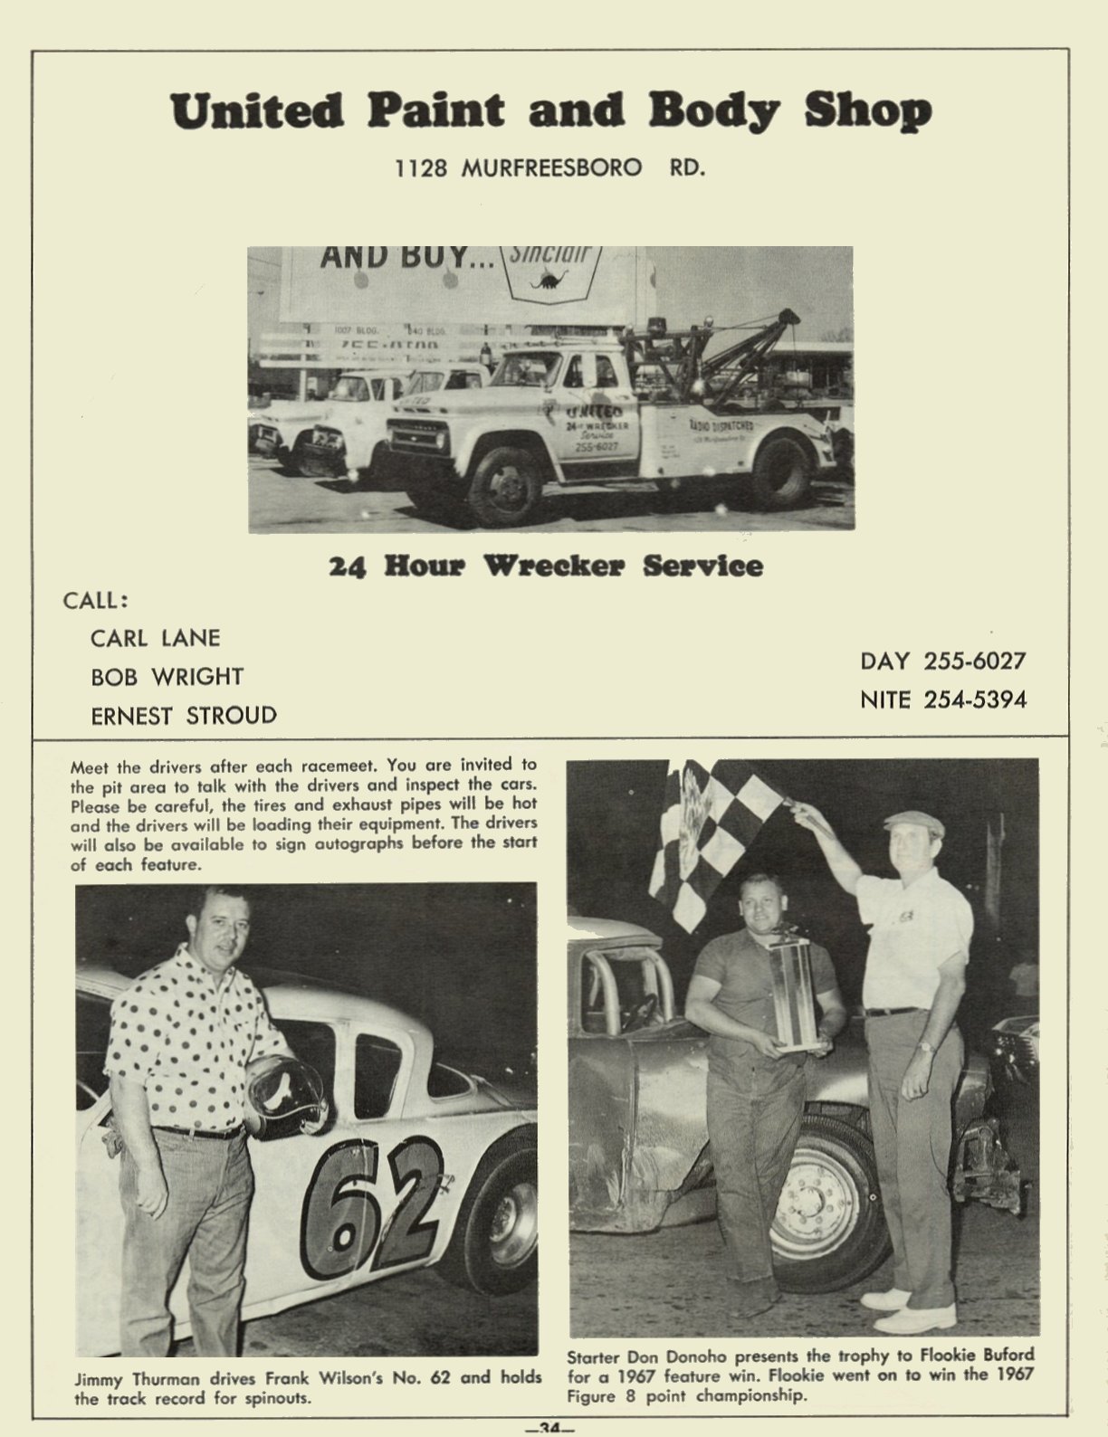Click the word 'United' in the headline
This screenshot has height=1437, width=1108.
[256, 112]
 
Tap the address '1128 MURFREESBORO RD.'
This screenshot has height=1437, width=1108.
[549, 168]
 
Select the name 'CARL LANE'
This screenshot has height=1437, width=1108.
[155, 638]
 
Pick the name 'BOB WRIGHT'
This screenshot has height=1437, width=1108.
[167, 677]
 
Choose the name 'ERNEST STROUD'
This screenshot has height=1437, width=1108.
[183, 716]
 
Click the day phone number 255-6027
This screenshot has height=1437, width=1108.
[974, 661]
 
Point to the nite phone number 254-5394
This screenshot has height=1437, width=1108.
[974, 699]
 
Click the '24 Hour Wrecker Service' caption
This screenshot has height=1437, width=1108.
[546, 566]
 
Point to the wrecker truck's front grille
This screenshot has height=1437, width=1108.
[418, 436]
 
